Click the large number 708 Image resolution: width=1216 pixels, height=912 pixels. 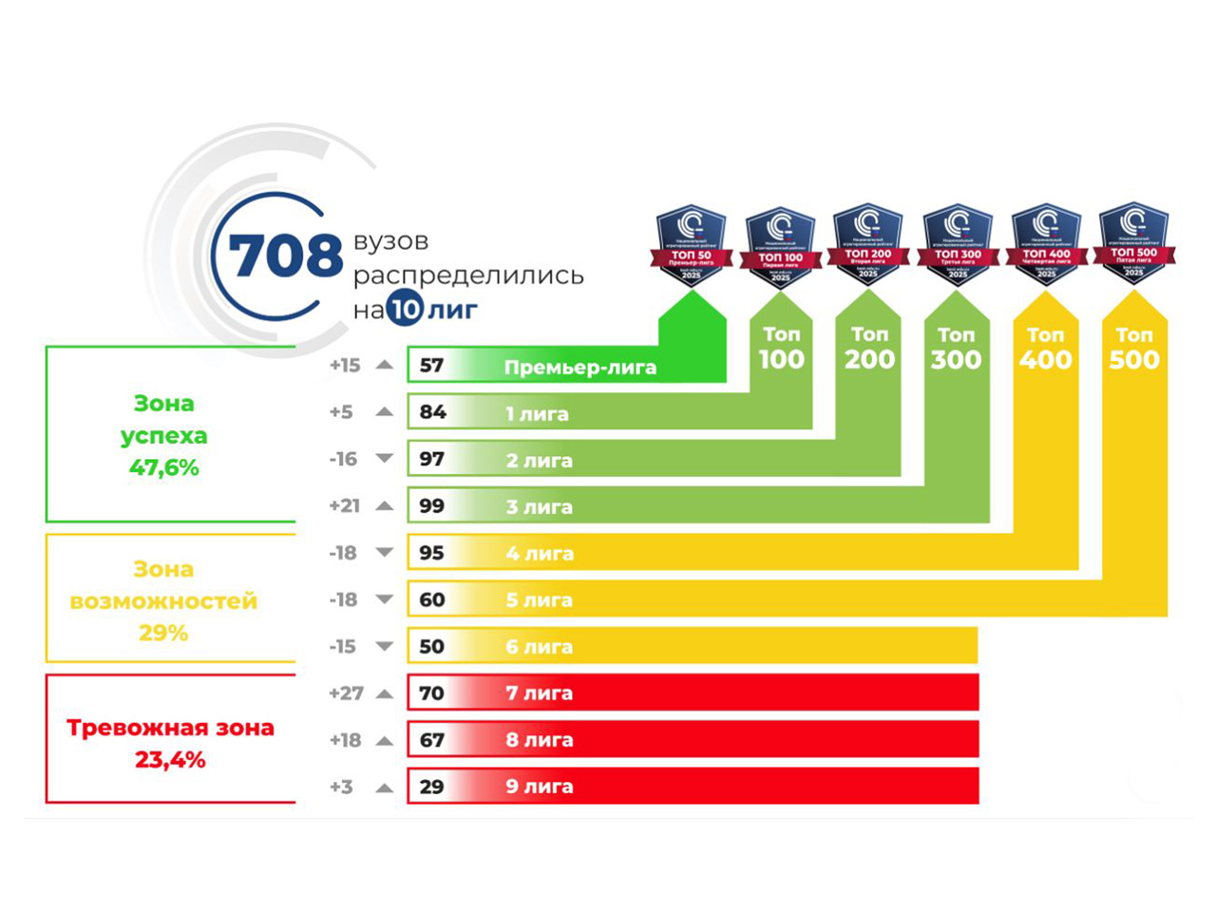click(x=285, y=256)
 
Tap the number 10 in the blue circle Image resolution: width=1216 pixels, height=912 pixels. click(x=404, y=309)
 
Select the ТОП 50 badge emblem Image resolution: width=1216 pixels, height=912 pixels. click(x=692, y=244)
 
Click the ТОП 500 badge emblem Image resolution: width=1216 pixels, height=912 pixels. click(x=1134, y=243)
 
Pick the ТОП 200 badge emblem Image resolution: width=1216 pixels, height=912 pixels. click(x=868, y=243)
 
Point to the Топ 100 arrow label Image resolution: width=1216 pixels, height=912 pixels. click(x=781, y=348)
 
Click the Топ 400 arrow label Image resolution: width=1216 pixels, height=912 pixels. click(x=1045, y=348)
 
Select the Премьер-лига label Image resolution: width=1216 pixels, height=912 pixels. click(x=579, y=368)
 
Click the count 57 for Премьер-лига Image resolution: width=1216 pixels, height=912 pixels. click(x=431, y=366)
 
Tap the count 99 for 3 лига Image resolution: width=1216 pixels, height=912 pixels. click(x=431, y=506)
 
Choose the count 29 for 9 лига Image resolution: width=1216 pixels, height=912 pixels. click(x=431, y=787)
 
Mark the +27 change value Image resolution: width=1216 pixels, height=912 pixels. click(x=346, y=693)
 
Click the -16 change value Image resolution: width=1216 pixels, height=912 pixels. click(x=343, y=460)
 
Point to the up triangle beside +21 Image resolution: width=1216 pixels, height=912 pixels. click(x=384, y=506)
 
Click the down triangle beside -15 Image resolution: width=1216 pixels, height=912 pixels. click(x=384, y=647)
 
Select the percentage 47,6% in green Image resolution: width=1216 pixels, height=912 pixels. click(x=164, y=467)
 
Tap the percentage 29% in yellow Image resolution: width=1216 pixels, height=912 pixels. click(x=163, y=633)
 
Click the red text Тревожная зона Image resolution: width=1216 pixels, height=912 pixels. click(x=170, y=729)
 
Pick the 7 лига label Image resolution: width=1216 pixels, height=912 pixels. click(x=539, y=693)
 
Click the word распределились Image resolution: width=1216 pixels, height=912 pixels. click(x=468, y=275)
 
